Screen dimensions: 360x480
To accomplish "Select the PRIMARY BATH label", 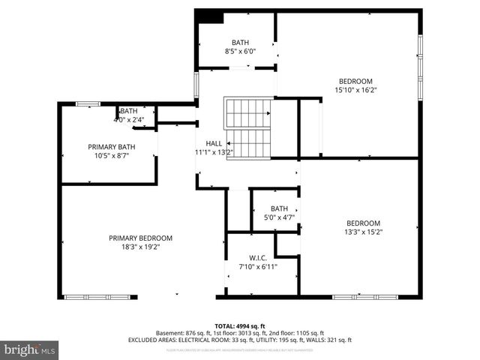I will point(112,147).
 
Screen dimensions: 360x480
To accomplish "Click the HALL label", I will point(214,143).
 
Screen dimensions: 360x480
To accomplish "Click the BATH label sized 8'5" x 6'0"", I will point(240,43).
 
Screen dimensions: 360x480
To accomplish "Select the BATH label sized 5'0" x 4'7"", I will point(279,209).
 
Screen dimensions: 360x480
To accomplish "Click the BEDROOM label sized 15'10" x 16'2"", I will point(355,81).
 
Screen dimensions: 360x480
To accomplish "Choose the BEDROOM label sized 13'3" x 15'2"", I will point(363,223).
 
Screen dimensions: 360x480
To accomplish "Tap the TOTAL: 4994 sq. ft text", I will point(239,326).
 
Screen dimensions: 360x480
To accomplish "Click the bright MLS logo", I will point(30,349).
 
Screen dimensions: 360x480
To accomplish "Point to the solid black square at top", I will point(209,17).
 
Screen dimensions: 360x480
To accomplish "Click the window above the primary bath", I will point(88,103).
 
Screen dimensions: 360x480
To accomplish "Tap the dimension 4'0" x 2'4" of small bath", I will point(128,118).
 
